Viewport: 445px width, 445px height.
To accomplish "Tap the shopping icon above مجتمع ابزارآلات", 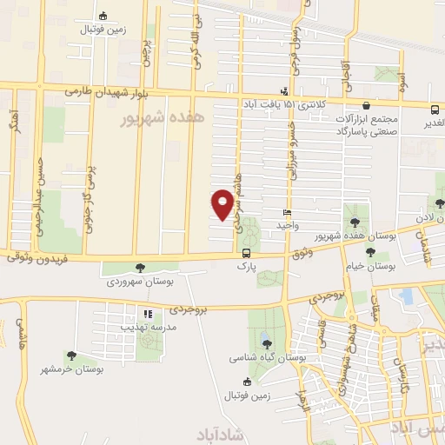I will pos(366,105).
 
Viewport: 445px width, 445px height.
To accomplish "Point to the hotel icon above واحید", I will pos(287,212).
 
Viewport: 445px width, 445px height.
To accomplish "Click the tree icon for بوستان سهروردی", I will pos(141,267).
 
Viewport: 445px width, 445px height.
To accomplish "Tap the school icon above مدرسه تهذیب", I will pos(148,313).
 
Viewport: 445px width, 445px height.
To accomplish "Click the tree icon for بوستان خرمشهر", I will pos(70,355).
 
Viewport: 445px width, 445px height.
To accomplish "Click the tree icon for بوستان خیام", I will pos(371,252).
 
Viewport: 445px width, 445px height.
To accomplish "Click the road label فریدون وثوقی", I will pos(36,258).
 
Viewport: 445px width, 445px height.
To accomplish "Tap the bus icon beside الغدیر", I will pos(434,108).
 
